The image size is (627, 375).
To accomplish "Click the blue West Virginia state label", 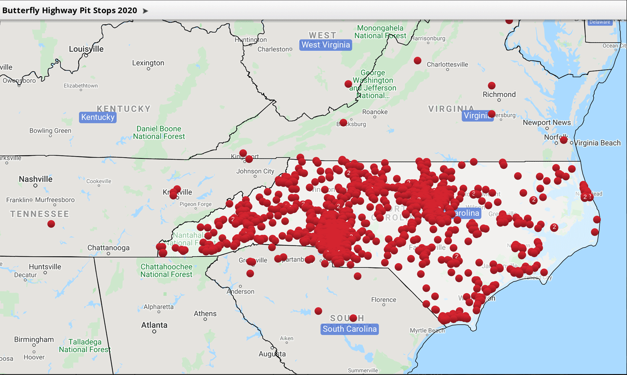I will [325, 45].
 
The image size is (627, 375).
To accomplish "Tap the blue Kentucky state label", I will [98, 117].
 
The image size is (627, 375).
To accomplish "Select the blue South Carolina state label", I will [349, 329].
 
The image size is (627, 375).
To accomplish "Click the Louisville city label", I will [86, 49].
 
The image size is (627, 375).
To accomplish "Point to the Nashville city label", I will [36, 179].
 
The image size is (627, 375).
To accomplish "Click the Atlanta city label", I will [154, 325].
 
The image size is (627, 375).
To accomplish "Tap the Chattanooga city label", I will [108, 248].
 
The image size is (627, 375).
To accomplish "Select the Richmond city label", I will [499, 94].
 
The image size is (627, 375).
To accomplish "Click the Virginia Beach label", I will [597, 143].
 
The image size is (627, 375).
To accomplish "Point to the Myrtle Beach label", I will [428, 331].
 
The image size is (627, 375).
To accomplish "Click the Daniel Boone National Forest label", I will [159, 132].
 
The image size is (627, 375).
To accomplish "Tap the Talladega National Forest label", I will [85, 346].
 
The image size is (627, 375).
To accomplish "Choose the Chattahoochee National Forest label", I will [166, 270].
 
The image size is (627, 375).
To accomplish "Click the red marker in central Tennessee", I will [51, 224].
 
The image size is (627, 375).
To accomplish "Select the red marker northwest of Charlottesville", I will [417, 60].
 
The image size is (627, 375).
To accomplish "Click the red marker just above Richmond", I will [492, 86].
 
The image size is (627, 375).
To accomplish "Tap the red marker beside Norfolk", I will [564, 140].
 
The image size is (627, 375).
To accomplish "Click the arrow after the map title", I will [145, 11].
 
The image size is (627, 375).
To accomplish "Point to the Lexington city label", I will [148, 63].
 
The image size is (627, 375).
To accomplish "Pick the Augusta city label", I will [272, 354].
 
